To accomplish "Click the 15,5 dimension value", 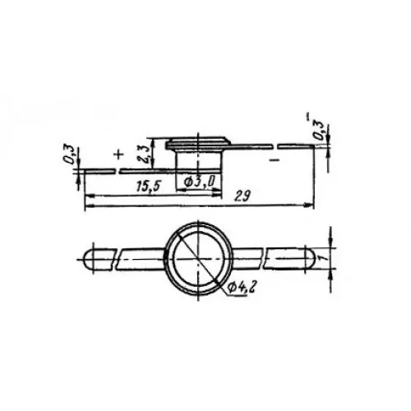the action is pos(148,187).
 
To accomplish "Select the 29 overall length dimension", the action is pos(242,196).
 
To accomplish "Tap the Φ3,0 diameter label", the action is pos(199,182).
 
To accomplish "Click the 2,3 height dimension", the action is pos(146,154).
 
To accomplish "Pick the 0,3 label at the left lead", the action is pos(71,155).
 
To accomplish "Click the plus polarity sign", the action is pos(118,155).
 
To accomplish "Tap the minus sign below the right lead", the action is pos(275,159).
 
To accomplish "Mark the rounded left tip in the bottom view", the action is pos(88,259).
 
